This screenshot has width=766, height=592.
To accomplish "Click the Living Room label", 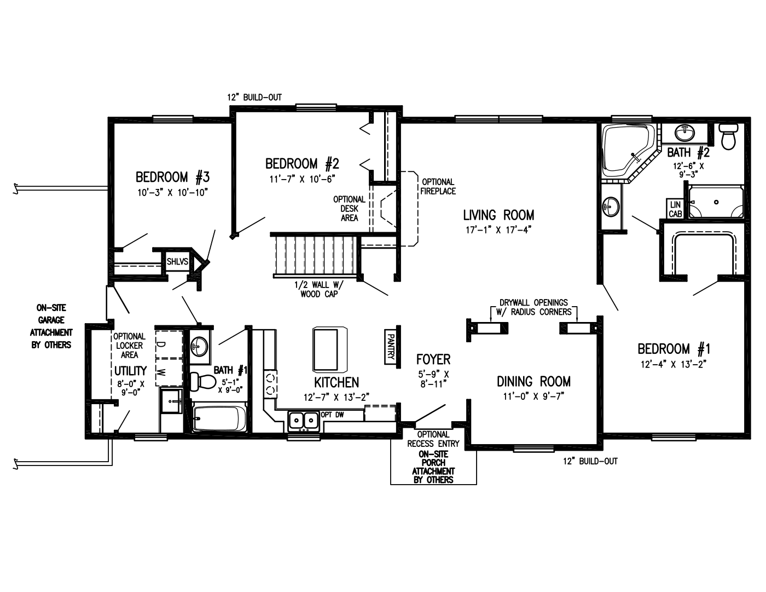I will pos(498,215).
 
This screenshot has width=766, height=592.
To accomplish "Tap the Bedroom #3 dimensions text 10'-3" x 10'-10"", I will pos(173,192).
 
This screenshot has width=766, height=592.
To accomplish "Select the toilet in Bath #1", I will pos(201,381).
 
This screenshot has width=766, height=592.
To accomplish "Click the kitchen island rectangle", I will pos(330,349).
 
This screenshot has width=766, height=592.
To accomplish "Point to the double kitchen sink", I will pos(304,421).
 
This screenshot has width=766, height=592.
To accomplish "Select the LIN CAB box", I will pos(675,209).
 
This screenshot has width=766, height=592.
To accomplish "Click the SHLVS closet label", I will pos(177,262).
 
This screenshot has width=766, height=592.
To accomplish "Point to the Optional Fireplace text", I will pos(438,186).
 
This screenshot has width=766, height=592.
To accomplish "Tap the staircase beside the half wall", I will pos(314,255).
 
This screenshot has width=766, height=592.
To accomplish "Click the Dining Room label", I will pos(533,382).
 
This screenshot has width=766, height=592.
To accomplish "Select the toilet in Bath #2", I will pos(729,136).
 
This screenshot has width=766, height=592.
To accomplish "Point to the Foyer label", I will pos(433,360).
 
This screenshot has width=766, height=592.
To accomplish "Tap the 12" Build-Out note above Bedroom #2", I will pos(254,97).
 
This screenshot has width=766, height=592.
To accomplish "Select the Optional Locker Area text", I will pos(129,346).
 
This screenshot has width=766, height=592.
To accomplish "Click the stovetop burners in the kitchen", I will pos(270,383).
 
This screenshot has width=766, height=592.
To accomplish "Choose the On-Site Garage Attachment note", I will pos(51,326).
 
